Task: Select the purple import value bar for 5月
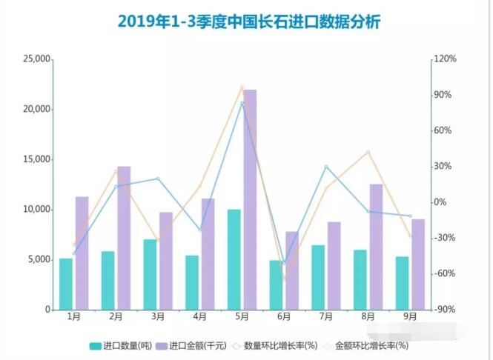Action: click(x=250, y=199)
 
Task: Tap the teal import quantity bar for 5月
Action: click(x=234, y=259)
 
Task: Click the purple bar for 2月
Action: click(x=124, y=238)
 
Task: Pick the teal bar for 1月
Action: click(x=66, y=284)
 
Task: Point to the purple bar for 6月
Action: click(x=292, y=270)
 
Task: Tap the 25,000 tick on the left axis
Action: click(x=36, y=59)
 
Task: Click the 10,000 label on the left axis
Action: click(x=36, y=210)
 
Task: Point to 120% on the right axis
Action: click(x=446, y=59)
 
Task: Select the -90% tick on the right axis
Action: click(x=446, y=310)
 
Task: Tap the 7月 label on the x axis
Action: click(x=326, y=316)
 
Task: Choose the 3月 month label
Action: click(x=158, y=316)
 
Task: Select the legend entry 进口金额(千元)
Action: click(x=191, y=345)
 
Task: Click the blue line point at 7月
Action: click(x=326, y=167)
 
